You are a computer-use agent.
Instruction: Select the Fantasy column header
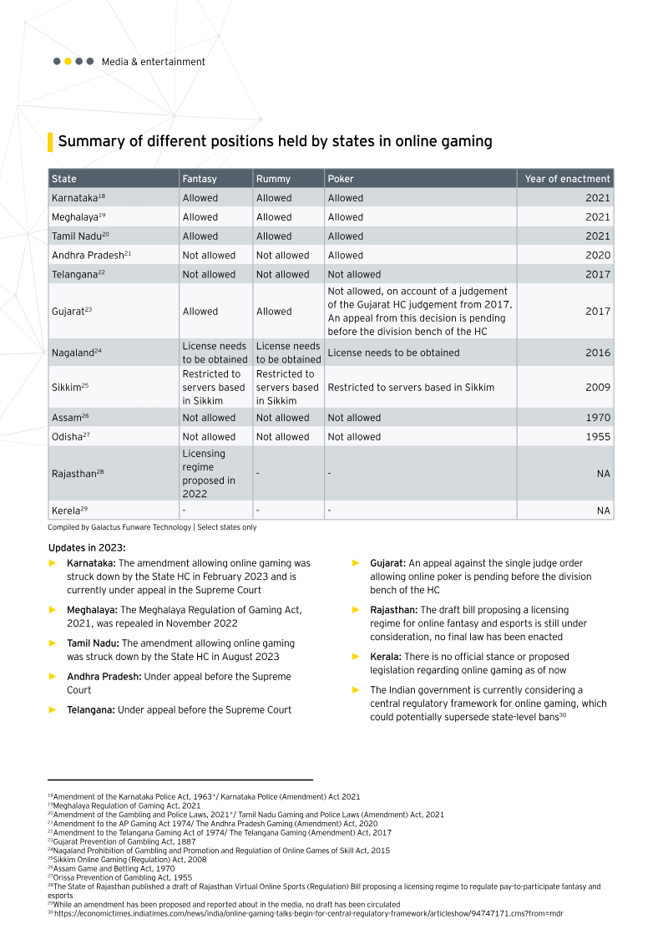[x=200, y=179]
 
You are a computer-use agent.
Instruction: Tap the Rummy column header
[x=273, y=179]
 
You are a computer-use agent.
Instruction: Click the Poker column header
[x=341, y=179]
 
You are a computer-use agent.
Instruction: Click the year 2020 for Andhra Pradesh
[x=598, y=255]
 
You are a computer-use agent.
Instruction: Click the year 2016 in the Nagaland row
[x=598, y=353]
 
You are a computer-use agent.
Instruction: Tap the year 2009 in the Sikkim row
[x=598, y=387]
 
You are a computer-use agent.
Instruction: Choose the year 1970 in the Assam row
[x=598, y=417]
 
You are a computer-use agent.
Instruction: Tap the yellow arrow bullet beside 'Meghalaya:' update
[x=53, y=611]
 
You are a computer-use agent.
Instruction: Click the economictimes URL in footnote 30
[x=308, y=913]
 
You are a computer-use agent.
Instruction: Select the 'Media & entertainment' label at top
[x=153, y=62]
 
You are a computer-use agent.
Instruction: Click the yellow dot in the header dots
[x=68, y=61]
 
